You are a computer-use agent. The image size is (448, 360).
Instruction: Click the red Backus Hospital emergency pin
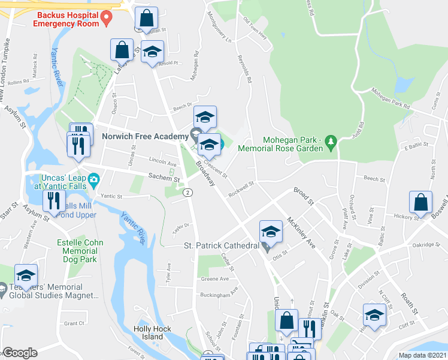tap(107, 18)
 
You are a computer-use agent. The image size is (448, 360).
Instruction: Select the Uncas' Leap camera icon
tap(93, 179)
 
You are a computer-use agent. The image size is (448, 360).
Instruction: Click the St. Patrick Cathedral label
tap(221, 246)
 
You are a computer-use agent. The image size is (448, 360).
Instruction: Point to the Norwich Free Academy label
tap(144, 136)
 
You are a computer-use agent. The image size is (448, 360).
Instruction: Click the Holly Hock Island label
tap(153, 332)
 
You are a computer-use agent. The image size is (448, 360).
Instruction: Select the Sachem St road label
tap(164, 178)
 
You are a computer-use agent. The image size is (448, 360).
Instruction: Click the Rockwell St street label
tap(241, 189)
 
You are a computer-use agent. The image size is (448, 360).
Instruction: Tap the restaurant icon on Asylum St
tap(54, 202)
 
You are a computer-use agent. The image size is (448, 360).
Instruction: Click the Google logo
tap(20, 352)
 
